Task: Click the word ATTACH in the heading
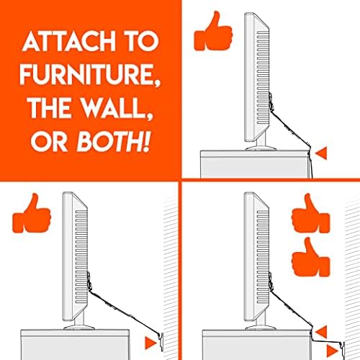point(69,41)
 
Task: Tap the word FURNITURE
point(90,74)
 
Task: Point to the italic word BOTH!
point(113,141)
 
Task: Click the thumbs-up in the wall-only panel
point(32,213)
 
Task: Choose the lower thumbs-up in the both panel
point(311,257)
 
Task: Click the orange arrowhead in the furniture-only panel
point(321,153)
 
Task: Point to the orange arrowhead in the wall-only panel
point(151,343)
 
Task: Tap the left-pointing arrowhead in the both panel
point(321,332)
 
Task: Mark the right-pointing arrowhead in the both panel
point(333,351)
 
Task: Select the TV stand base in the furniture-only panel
point(261,148)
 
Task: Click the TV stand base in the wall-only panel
point(79,328)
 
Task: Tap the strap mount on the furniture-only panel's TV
point(271,102)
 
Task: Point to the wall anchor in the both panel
point(343,348)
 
